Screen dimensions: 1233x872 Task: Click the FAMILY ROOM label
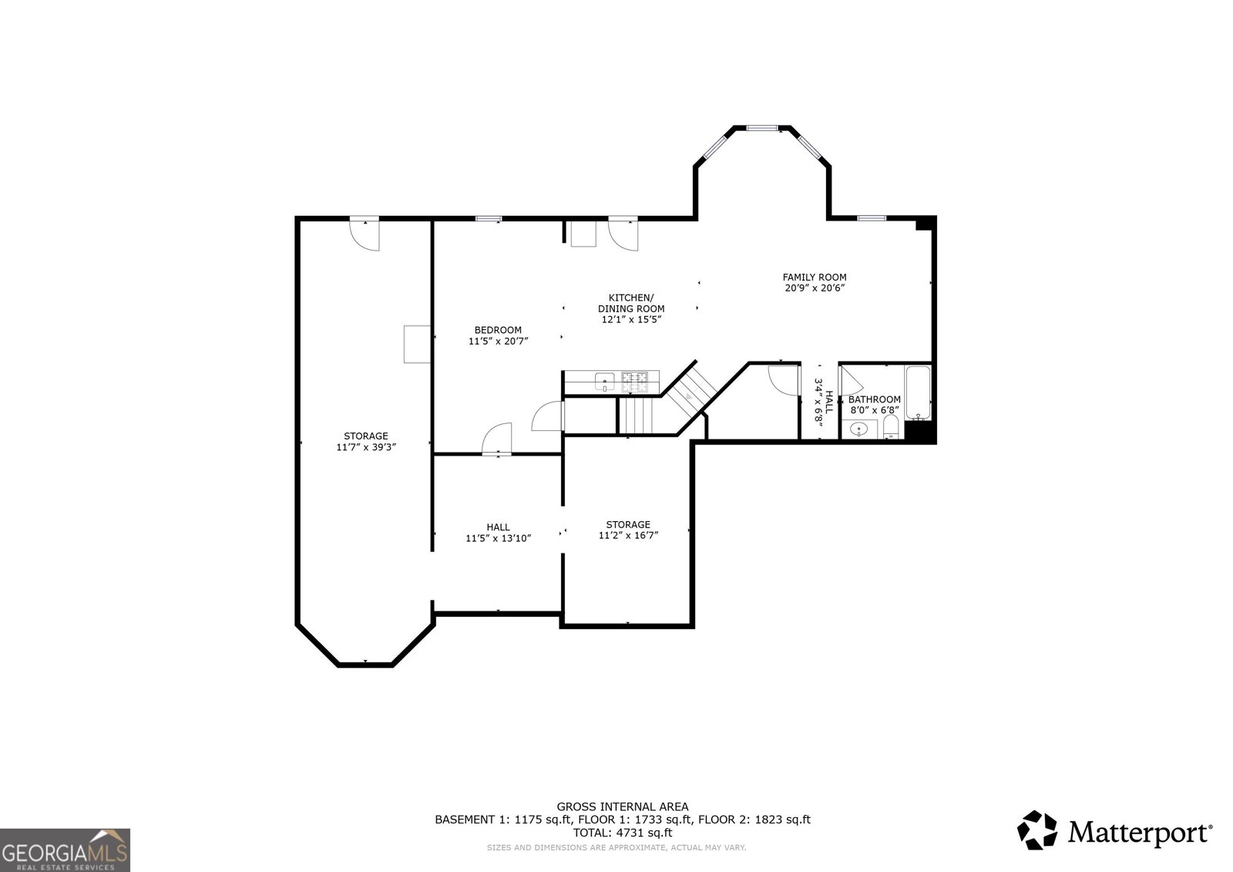click(815, 277)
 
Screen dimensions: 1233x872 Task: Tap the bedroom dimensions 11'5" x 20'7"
click(498, 341)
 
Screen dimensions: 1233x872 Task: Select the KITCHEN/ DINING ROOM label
click(631, 303)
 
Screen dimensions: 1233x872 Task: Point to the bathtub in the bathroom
click(918, 392)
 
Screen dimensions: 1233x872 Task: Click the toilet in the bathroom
click(891, 427)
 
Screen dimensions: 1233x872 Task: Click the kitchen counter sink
click(605, 381)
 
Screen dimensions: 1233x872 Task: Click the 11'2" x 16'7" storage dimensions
click(628, 535)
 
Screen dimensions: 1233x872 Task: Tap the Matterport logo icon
click(1036, 830)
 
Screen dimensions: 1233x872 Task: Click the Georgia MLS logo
click(65, 850)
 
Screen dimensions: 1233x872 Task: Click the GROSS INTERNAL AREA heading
click(623, 807)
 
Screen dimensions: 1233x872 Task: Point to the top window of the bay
click(762, 128)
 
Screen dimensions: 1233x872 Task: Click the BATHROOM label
click(874, 399)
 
